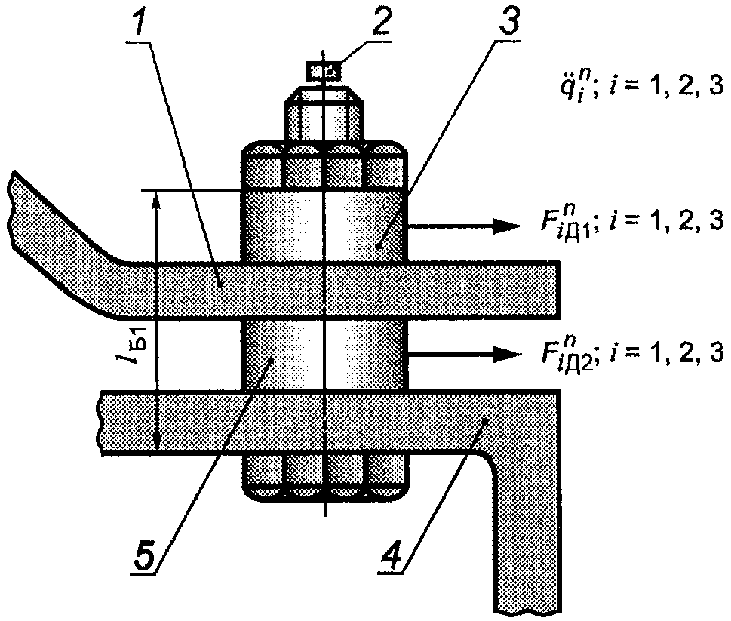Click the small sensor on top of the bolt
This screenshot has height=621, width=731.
(323, 71)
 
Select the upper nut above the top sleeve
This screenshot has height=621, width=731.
(324, 163)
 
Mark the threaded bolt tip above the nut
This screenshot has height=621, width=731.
(324, 113)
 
